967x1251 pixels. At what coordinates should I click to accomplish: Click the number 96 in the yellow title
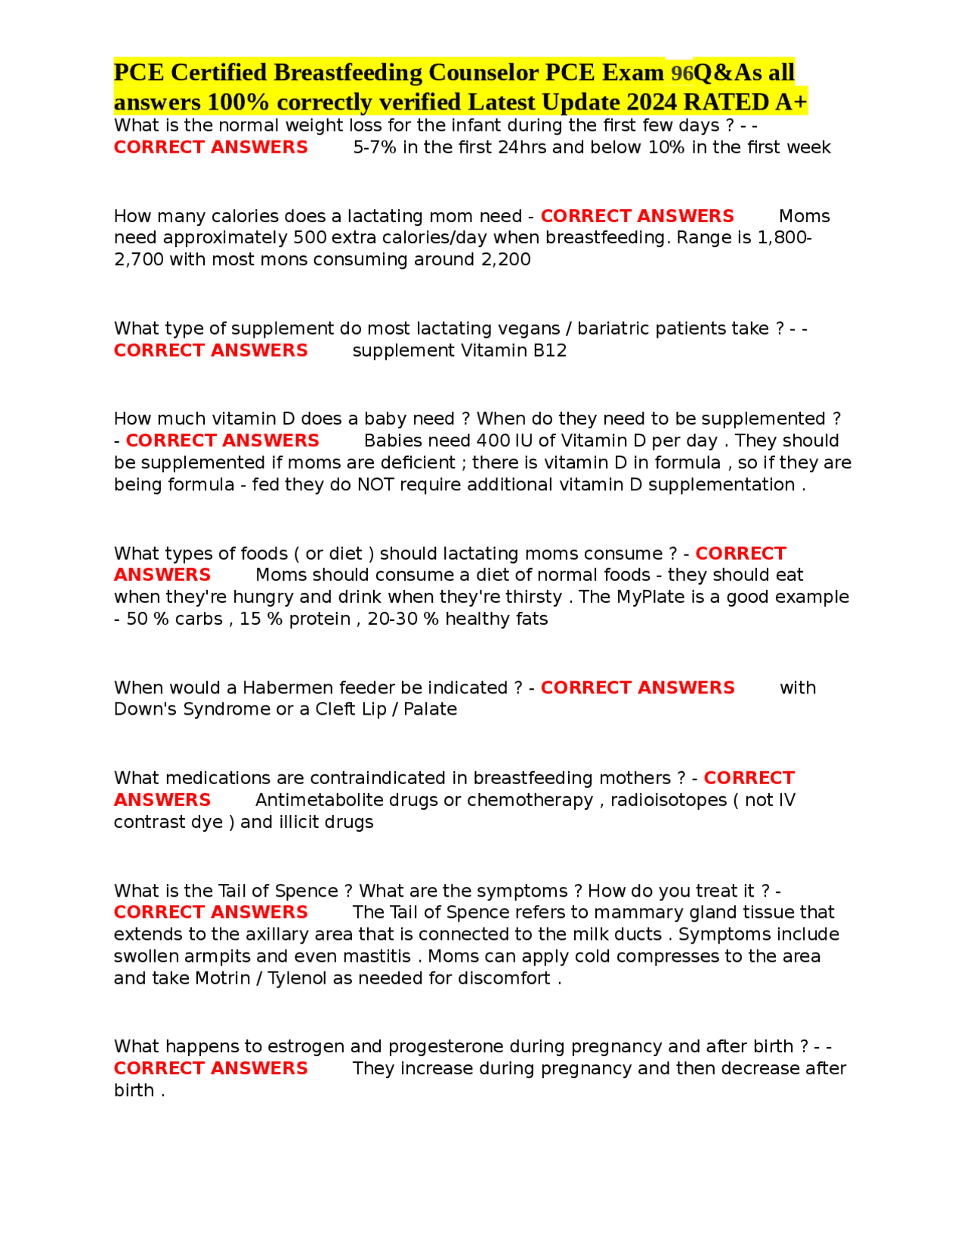(x=681, y=73)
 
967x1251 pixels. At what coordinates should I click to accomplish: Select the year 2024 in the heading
(x=651, y=102)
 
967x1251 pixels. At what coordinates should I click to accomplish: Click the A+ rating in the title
(x=791, y=102)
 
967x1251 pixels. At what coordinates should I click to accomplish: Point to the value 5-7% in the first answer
(x=375, y=147)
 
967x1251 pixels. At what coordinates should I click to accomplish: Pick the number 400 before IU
(x=494, y=440)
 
